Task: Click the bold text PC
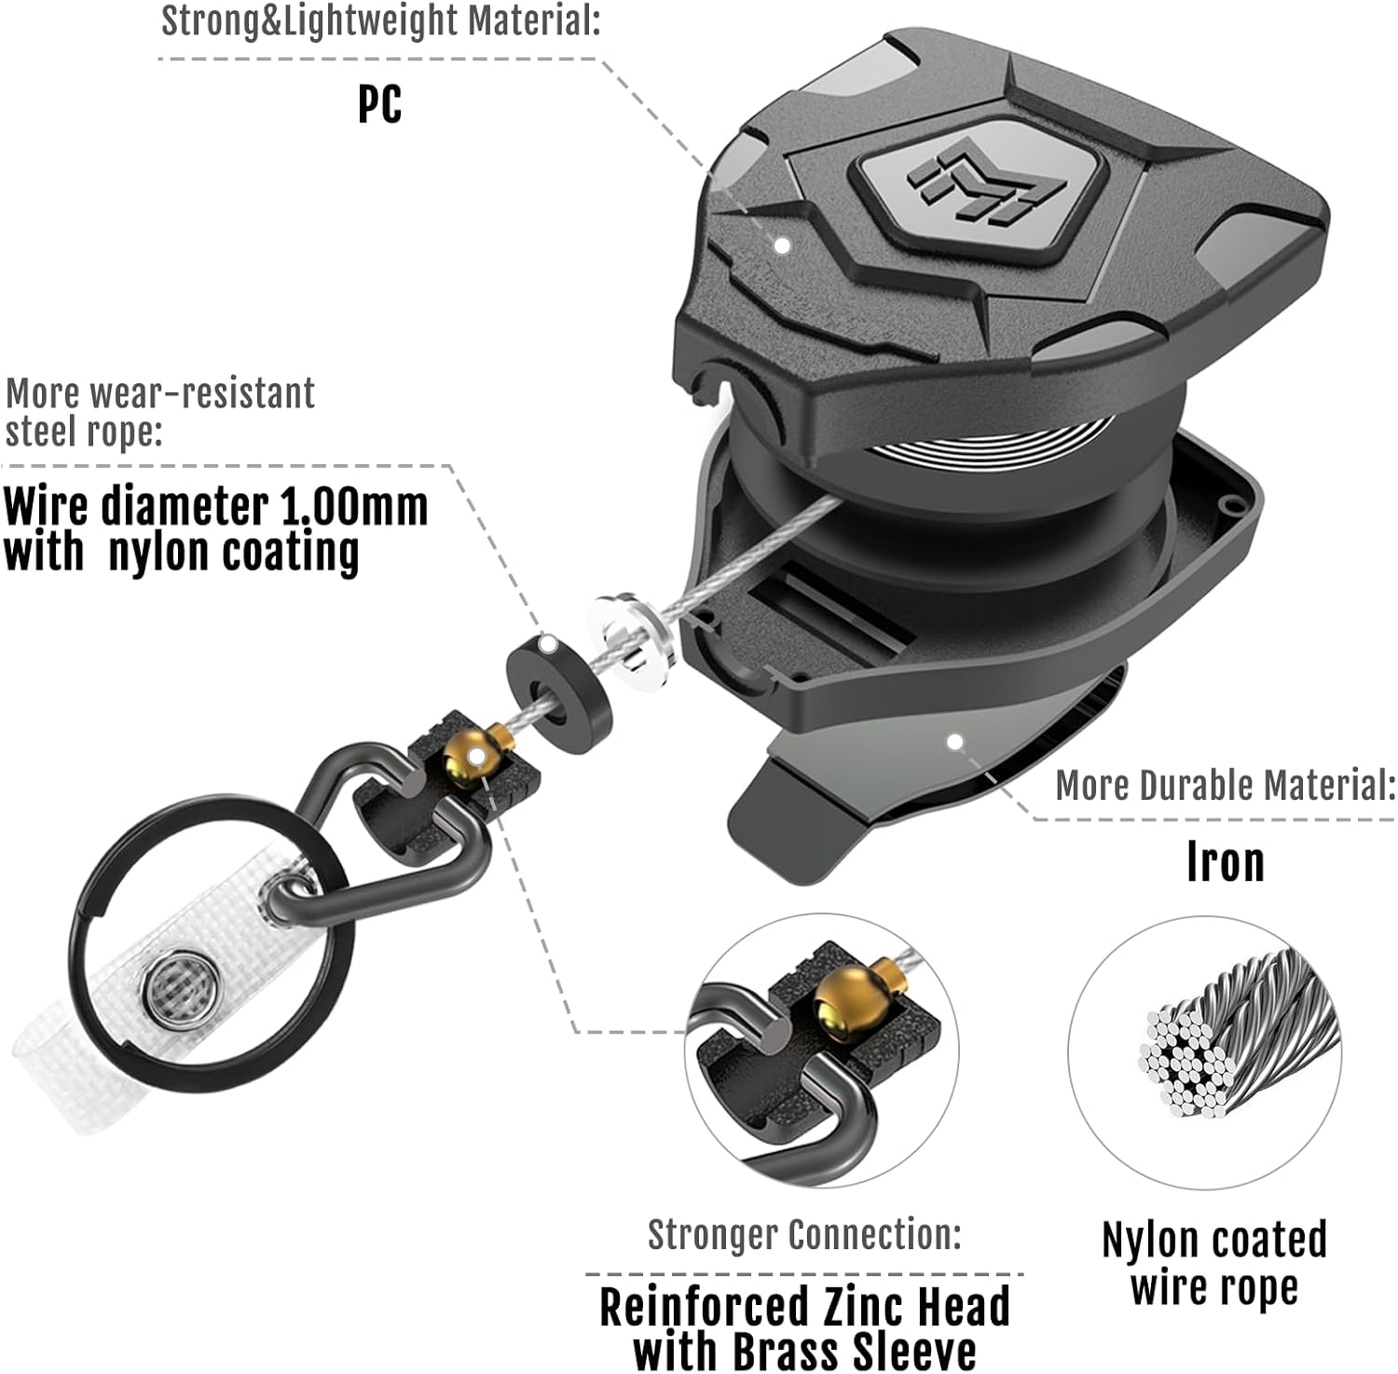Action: coord(379,103)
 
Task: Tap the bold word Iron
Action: coord(1225,862)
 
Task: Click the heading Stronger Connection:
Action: coord(804,1234)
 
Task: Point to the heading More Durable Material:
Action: coord(1226,785)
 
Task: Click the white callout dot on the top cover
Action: coord(783,245)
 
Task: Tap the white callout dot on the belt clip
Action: coord(954,742)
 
